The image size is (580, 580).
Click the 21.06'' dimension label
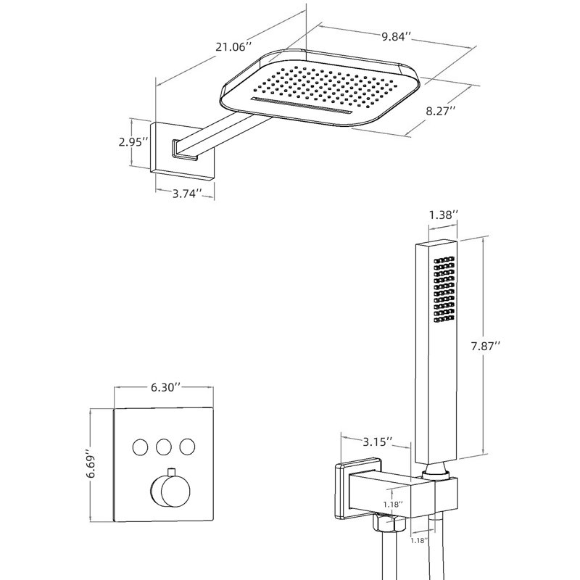(233, 47)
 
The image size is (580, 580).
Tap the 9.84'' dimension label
(396, 37)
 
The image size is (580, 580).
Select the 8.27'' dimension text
(440, 111)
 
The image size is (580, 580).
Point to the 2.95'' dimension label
(133, 141)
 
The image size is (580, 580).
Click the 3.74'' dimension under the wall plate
(188, 193)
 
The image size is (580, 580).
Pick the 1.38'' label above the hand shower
(444, 215)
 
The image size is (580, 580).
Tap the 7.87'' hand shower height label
(485, 347)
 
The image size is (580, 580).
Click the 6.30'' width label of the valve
(166, 387)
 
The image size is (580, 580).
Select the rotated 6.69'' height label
(91, 464)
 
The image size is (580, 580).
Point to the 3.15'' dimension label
(377, 442)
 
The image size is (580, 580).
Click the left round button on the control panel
(140, 447)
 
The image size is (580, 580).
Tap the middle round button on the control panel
(164, 447)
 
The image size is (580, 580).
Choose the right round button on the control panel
(188, 447)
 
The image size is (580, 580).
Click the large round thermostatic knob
(170, 492)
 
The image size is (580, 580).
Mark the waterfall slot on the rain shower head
(302, 106)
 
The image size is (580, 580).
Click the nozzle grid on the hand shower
(444, 289)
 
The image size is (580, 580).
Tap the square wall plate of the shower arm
(183, 152)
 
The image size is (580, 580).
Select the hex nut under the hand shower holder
(391, 522)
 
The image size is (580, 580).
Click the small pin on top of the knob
(171, 473)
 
